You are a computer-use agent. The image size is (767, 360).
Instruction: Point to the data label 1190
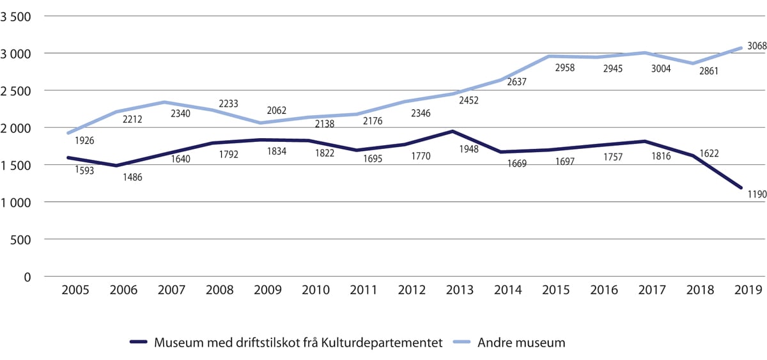[x=752, y=194]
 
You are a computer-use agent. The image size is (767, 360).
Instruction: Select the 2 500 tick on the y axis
[x=19, y=91]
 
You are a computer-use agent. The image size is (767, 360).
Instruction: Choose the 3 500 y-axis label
[x=19, y=17]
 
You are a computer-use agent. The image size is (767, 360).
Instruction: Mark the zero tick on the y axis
[x=27, y=277]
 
